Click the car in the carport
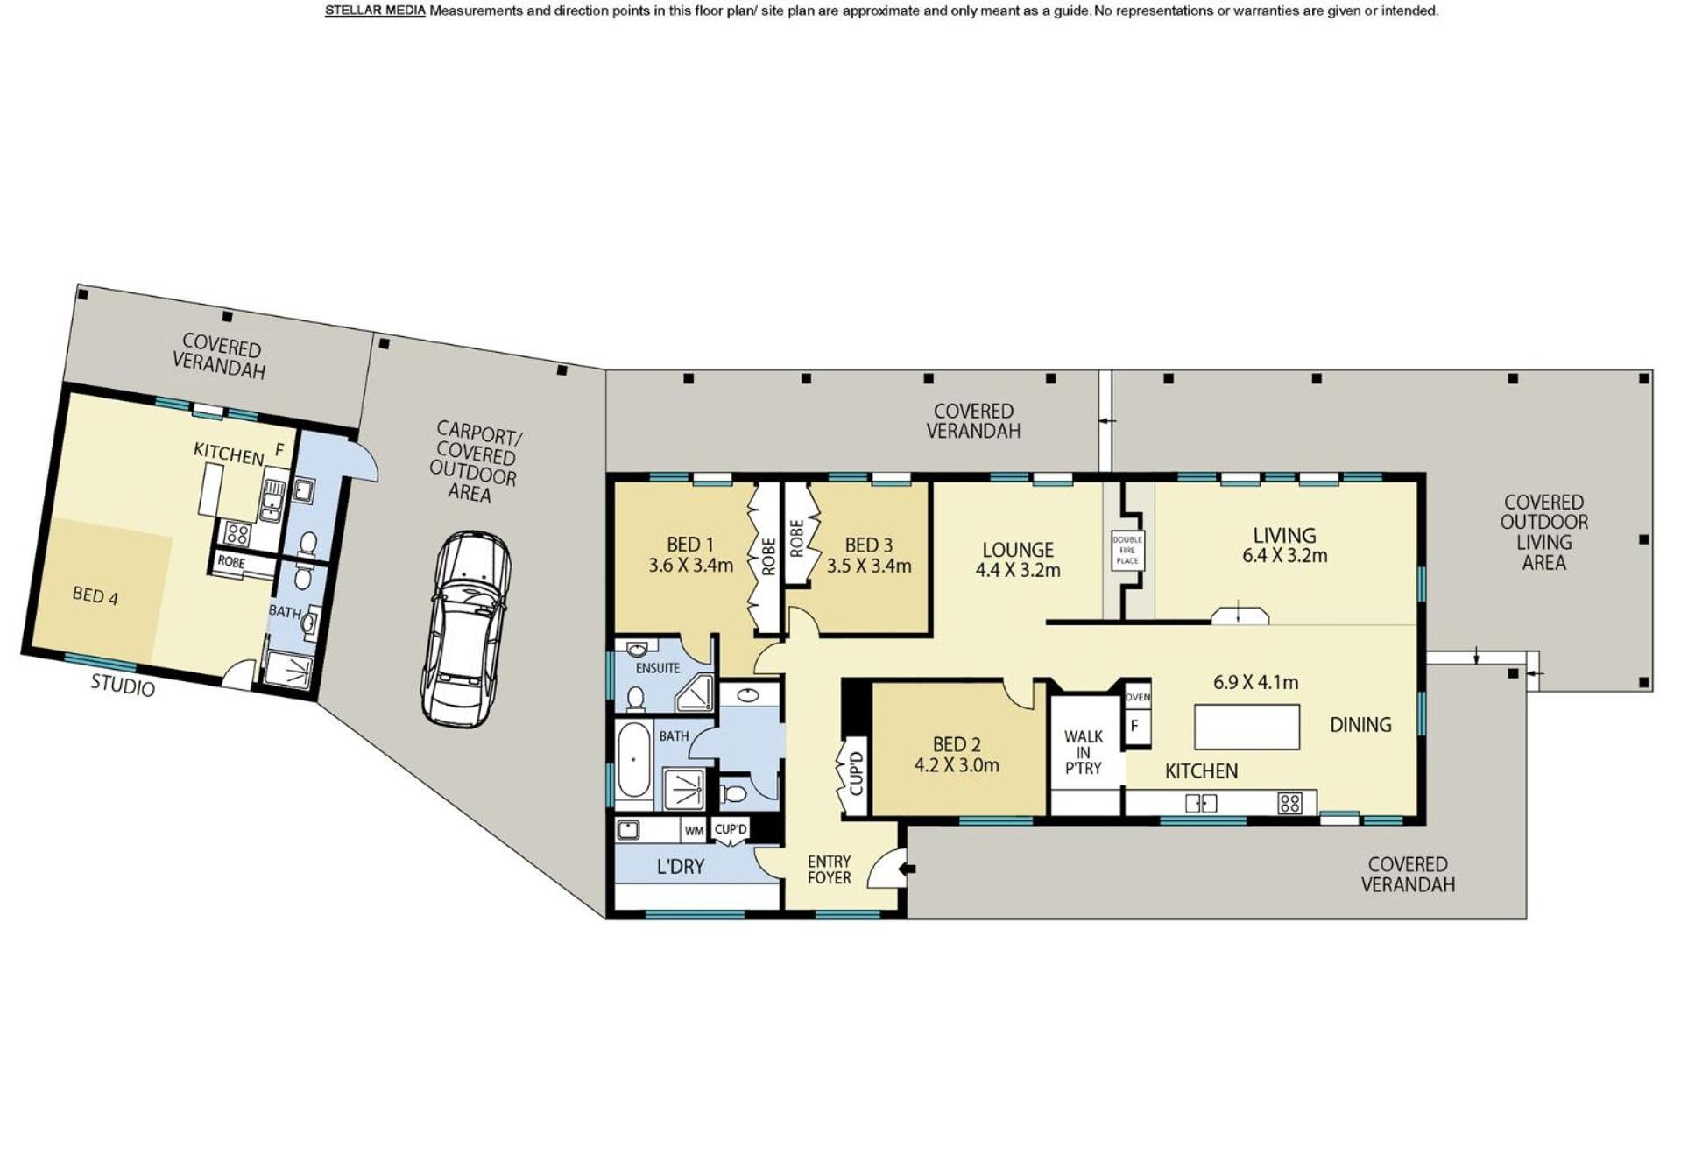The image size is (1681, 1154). click(465, 629)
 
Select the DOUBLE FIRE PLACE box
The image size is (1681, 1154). click(1127, 550)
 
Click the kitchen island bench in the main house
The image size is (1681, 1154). click(1247, 727)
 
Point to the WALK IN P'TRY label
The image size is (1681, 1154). click(1083, 752)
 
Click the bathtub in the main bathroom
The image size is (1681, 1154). click(632, 759)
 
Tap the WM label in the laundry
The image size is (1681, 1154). click(694, 831)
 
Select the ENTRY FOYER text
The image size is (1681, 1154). click(829, 869)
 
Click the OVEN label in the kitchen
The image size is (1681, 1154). click(1137, 697)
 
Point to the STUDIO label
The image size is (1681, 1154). click(123, 686)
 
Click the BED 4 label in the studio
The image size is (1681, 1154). click(95, 595)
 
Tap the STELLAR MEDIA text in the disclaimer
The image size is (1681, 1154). click(375, 11)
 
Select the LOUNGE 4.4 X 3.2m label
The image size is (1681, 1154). click(1018, 560)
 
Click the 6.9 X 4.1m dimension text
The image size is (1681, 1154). click(1255, 682)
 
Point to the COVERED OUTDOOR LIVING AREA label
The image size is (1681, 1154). click(1543, 532)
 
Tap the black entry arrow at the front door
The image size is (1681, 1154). click(909, 869)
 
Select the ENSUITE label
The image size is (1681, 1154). click(658, 668)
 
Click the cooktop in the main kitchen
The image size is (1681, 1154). click(1289, 802)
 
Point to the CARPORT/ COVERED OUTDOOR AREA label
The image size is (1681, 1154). click(474, 461)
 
